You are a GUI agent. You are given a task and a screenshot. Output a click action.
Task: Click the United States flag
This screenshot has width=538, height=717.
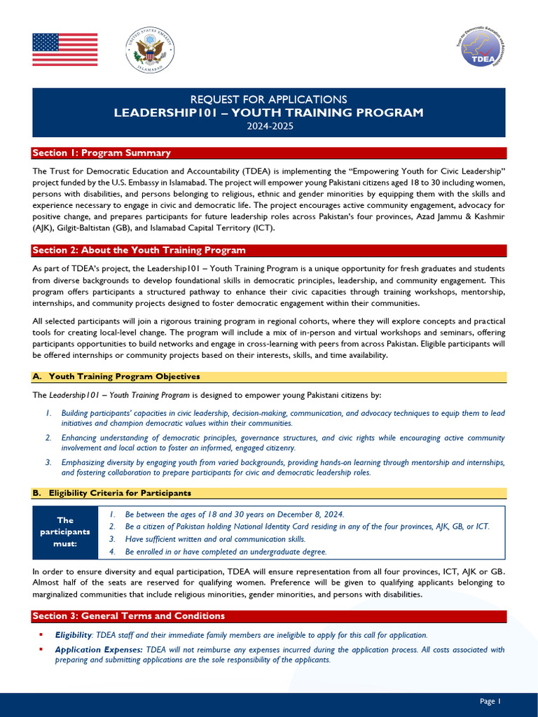click(x=65, y=50)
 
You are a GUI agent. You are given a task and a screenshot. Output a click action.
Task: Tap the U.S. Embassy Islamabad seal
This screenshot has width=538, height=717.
click(x=149, y=50)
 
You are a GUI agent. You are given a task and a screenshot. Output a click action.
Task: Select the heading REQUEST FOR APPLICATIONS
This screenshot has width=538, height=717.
click(x=269, y=99)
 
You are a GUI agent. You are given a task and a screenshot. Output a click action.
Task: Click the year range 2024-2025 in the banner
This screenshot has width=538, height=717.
click(x=269, y=126)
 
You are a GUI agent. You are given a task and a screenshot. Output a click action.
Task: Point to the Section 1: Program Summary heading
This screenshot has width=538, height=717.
click(x=102, y=153)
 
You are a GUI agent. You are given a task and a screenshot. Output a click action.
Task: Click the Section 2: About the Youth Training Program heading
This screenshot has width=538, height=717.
click(x=139, y=251)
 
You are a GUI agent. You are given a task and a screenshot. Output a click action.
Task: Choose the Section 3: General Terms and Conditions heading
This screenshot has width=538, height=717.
click(x=129, y=616)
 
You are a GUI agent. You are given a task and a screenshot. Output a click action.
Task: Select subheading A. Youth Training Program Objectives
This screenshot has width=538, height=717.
click(x=116, y=377)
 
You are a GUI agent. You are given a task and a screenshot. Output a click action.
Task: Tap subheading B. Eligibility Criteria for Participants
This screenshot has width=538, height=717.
click(x=111, y=494)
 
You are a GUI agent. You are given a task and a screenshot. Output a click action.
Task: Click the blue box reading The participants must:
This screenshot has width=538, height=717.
click(x=65, y=532)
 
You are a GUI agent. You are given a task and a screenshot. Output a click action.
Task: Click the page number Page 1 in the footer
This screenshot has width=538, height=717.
click(x=490, y=701)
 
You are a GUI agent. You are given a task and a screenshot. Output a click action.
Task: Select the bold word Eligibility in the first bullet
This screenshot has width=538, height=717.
click(x=73, y=635)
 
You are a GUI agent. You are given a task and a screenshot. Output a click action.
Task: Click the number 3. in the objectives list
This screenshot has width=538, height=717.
click(x=48, y=463)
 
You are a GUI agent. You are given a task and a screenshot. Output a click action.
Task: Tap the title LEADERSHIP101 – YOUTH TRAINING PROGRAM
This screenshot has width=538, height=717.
click(x=269, y=113)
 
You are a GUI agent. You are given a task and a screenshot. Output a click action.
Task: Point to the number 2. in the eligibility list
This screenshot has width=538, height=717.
click(x=113, y=527)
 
